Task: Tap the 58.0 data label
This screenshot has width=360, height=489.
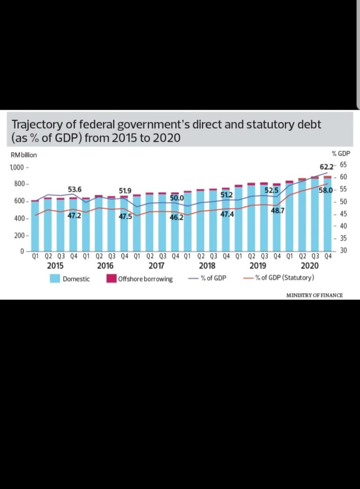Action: point(325,190)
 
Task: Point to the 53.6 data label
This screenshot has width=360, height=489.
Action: point(75,189)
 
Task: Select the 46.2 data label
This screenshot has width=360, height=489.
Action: point(176,217)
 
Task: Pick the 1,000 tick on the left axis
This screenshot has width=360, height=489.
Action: point(17,168)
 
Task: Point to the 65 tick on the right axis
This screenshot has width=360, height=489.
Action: point(344,165)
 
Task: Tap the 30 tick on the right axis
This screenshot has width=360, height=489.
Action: point(343,251)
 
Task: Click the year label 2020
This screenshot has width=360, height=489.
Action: point(309,266)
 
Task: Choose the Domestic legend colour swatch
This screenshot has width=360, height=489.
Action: point(55,279)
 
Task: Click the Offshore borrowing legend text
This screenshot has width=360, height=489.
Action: point(145,279)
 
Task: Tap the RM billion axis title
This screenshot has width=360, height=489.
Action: point(23,155)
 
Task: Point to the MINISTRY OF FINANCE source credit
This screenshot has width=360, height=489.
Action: point(315,295)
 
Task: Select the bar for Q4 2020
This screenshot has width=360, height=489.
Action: point(328,214)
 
